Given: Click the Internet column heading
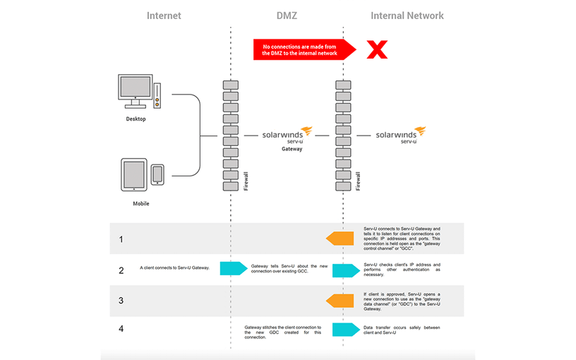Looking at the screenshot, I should click(x=164, y=15).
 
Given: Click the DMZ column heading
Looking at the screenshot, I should click(x=287, y=15).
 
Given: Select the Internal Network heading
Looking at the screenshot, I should click(x=407, y=15).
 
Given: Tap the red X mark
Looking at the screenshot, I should click(x=378, y=49).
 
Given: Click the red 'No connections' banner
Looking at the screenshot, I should click(x=299, y=49).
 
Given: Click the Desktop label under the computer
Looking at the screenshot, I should click(x=136, y=119).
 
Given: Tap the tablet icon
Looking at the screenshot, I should click(x=134, y=174).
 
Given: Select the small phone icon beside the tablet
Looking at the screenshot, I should click(x=157, y=174).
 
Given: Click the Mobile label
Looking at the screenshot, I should click(x=141, y=203).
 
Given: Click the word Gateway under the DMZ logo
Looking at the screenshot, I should click(x=292, y=149).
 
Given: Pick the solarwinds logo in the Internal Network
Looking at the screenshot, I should click(x=400, y=135).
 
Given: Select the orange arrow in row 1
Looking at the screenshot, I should click(x=340, y=239).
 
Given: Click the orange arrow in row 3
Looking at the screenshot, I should click(x=340, y=301).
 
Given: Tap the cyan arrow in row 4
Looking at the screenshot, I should click(x=346, y=330).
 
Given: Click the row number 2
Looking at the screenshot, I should click(x=121, y=270).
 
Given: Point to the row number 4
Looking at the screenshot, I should click(x=121, y=329).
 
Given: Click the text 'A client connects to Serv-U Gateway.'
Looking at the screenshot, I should click(x=174, y=268).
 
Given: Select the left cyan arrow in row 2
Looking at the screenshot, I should click(x=233, y=268).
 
